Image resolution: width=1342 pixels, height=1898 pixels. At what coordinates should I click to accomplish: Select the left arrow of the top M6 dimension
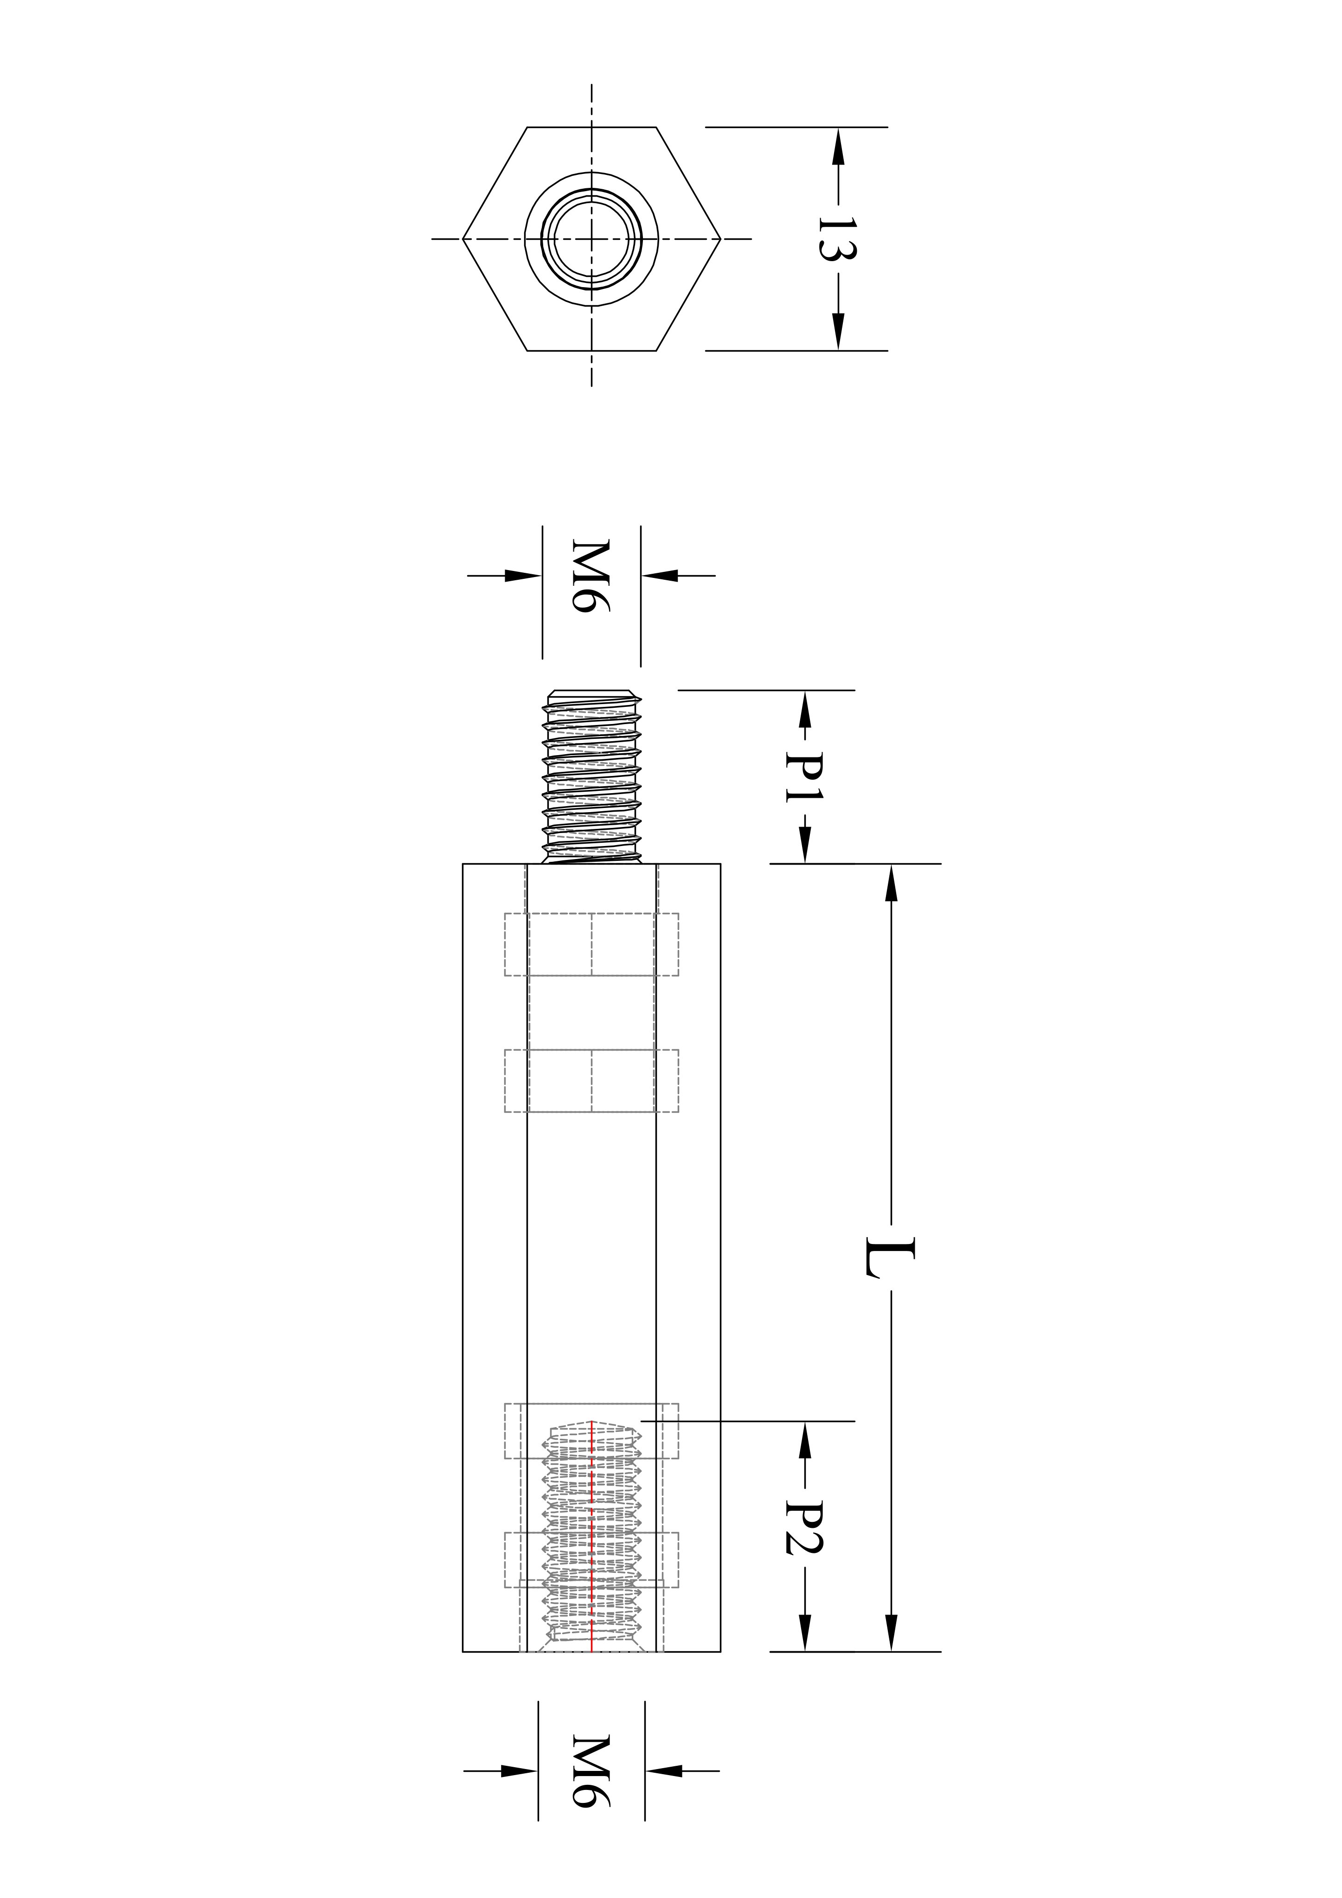click(x=523, y=575)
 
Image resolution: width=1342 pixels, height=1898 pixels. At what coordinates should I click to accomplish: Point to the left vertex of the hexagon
click(x=463, y=239)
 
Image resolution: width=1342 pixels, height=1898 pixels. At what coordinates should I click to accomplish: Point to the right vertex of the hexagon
click(x=721, y=239)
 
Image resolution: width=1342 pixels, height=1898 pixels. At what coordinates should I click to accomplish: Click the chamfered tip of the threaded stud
click(x=592, y=693)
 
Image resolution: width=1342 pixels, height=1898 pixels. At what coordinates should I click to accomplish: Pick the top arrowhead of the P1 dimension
click(x=804, y=708)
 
